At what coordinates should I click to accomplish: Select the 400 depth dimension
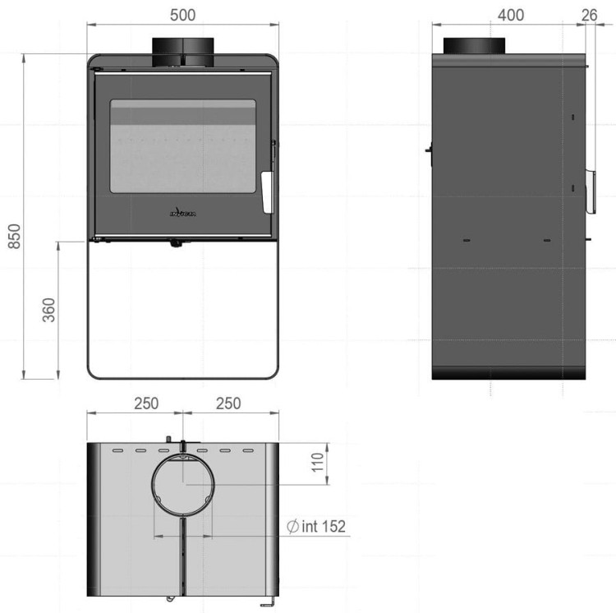(x=510, y=16)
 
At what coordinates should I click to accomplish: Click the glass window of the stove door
(x=182, y=153)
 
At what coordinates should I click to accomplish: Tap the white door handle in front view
(x=266, y=191)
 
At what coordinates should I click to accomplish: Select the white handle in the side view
(x=590, y=191)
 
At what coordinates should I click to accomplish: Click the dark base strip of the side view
(x=510, y=373)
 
